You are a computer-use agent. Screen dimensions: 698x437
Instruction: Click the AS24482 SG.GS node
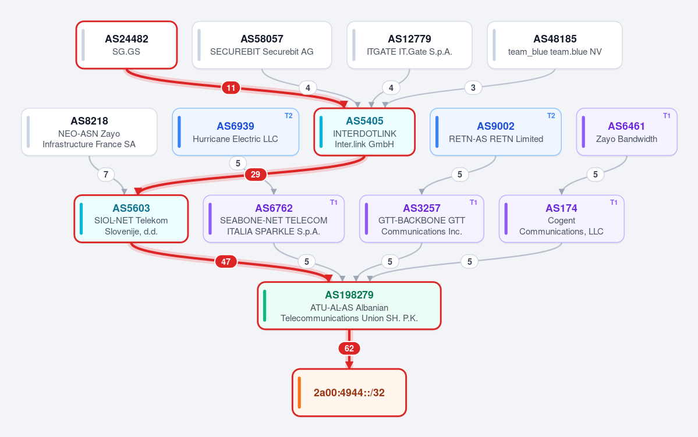tap(126, 45)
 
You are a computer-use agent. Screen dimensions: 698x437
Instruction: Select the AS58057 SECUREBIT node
tap(262, 45)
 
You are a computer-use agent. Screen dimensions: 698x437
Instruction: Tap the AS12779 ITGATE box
tap(409, 45)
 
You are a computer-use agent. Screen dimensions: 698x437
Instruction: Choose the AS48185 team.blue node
tap(555, 45)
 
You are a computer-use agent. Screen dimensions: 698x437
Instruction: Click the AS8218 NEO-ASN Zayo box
tap(89, 132)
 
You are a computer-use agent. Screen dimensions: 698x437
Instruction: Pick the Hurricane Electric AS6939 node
tap(236, 132)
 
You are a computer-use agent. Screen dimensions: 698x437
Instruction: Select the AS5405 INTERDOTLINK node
tap(364, 132)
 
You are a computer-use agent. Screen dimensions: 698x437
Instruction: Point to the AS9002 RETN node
tap(495, 132)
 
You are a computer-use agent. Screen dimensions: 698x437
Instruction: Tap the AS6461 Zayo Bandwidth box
tap(627, 132)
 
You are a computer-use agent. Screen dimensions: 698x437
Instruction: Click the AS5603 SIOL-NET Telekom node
tap(131, 219)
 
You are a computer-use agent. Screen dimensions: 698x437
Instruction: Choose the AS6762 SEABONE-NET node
tap(274, 219)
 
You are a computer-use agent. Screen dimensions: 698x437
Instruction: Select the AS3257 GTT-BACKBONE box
tap(421, 219)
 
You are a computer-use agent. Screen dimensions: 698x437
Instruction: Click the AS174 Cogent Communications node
tap(561, 219)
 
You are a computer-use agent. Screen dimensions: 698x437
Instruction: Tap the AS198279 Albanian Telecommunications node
tap(349, 305)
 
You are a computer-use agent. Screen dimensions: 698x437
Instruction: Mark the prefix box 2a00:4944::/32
tap(349, 393)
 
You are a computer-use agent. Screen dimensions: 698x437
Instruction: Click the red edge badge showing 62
tap(349, 349)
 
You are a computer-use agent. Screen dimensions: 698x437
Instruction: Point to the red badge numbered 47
tap(226, 261)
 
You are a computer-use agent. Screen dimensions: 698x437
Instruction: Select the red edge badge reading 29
tap(255, 175)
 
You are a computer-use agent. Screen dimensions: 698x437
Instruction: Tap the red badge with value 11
tap(231, 88)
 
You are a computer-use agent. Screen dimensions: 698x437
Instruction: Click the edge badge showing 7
tap(105, 175)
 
